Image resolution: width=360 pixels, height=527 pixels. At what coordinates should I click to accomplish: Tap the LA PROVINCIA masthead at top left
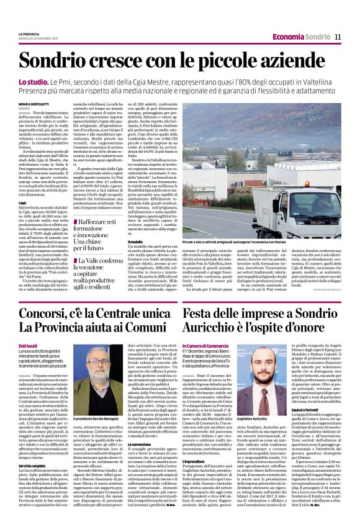point(28,34)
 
